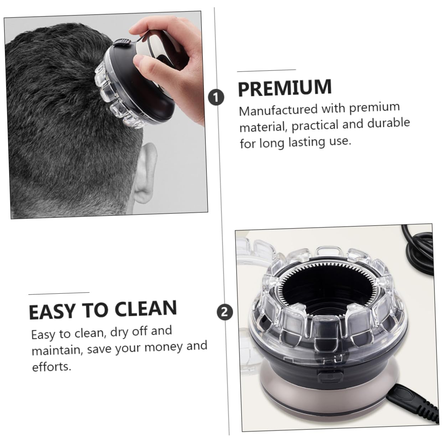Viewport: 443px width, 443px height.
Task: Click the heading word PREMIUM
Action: coord(285,87)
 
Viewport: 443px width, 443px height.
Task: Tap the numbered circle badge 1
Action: coord(216,97)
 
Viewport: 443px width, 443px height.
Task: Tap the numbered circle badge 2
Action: coord(225,312)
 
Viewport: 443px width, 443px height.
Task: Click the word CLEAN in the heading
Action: coord(145,309)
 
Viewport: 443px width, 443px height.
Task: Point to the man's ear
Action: coord(146,173)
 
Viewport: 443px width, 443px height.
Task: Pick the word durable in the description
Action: coord(388,123)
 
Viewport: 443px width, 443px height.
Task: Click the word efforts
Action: coord(52,367)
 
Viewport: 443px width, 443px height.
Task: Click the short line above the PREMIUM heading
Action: coord(267,70)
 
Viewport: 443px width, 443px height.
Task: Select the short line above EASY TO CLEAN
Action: coord(59,293)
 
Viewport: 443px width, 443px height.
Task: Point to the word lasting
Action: coord(307,142)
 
